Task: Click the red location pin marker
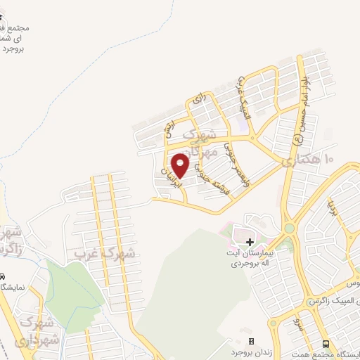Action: (181, 165)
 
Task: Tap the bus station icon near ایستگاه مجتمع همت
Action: (326, 344)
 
